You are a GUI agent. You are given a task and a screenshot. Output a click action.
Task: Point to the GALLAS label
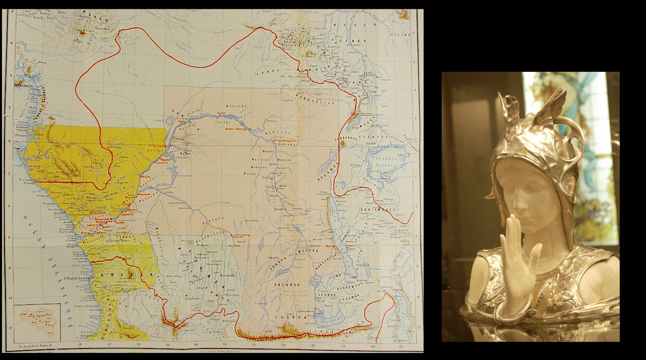[404, 35]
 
